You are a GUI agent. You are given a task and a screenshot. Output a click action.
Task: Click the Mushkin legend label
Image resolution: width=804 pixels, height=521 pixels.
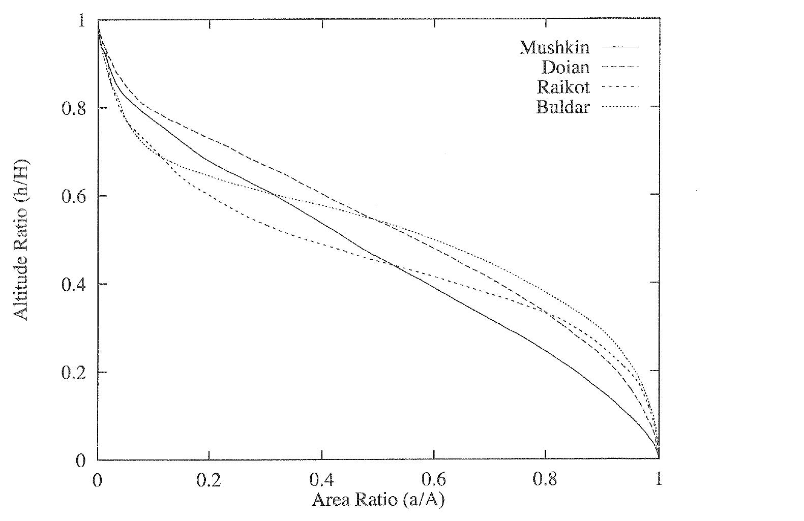click(x=554, y=48)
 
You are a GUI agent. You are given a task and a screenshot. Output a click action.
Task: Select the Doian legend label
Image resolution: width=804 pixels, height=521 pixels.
click(x=565, y=68)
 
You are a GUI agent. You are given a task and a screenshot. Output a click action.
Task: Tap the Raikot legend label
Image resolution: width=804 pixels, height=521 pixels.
click(x=563, y=87)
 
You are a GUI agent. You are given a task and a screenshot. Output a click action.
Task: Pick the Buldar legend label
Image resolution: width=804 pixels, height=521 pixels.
click(x=563, y=107)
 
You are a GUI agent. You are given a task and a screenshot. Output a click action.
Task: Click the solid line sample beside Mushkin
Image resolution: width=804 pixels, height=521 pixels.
click(x=620, y=47)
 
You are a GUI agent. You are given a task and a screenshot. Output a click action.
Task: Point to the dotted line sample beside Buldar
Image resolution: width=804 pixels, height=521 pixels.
click(x=620, y=106)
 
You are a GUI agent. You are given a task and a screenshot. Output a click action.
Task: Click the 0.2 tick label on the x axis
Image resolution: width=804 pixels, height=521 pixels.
click(x=209, y=480)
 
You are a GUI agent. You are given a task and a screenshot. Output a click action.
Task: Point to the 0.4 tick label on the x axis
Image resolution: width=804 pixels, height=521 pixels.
click(x=321, y=480)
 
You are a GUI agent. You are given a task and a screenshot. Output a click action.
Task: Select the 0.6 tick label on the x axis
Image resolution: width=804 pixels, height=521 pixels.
click(x=434, y=480)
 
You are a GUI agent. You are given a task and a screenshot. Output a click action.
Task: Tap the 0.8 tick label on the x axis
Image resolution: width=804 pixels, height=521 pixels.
click(x=546, y=480)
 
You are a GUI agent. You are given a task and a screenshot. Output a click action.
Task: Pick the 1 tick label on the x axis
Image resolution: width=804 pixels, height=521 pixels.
click(x=659, y=480)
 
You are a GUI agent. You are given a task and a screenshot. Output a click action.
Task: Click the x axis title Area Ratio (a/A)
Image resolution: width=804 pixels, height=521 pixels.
click(x=378, y=500)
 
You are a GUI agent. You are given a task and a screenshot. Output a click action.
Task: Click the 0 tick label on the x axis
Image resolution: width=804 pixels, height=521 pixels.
click(x=97, y=480)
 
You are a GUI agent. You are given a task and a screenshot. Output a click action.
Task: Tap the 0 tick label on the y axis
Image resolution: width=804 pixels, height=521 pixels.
click(x=80, y=461)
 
